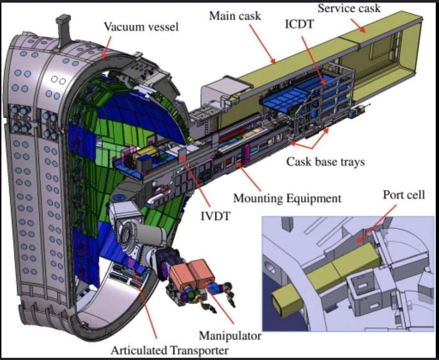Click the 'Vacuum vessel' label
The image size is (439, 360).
pyautogui.click(x=141, y=26)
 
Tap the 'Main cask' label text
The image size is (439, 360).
pyautogui.click(x=235, y=16)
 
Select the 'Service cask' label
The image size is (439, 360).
pyautogui.click(x=349, y=8)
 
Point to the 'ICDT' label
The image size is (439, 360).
pyautogui.click(x=299, y=24)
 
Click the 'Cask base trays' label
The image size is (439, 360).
pyautogui.click(x=325, y=162)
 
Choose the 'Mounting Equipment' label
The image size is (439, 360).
pyautogui.click(x=287, y=198)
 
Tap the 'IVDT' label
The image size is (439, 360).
pyautogui.click(x=216, y=216)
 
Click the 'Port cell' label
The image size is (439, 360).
pyautogui.click(x=404, y=195)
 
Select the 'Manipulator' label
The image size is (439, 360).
pyautogui.click(x=230, y=336)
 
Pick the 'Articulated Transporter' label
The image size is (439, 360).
pyautogui.click(x=170, y=350)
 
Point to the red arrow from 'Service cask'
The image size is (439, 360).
pyautogui.click(x=357, y=25)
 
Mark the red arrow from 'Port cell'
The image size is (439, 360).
pyautogui.click(x=377, y=224)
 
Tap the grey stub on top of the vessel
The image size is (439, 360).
pyautogui.click(x=64, y=31)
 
